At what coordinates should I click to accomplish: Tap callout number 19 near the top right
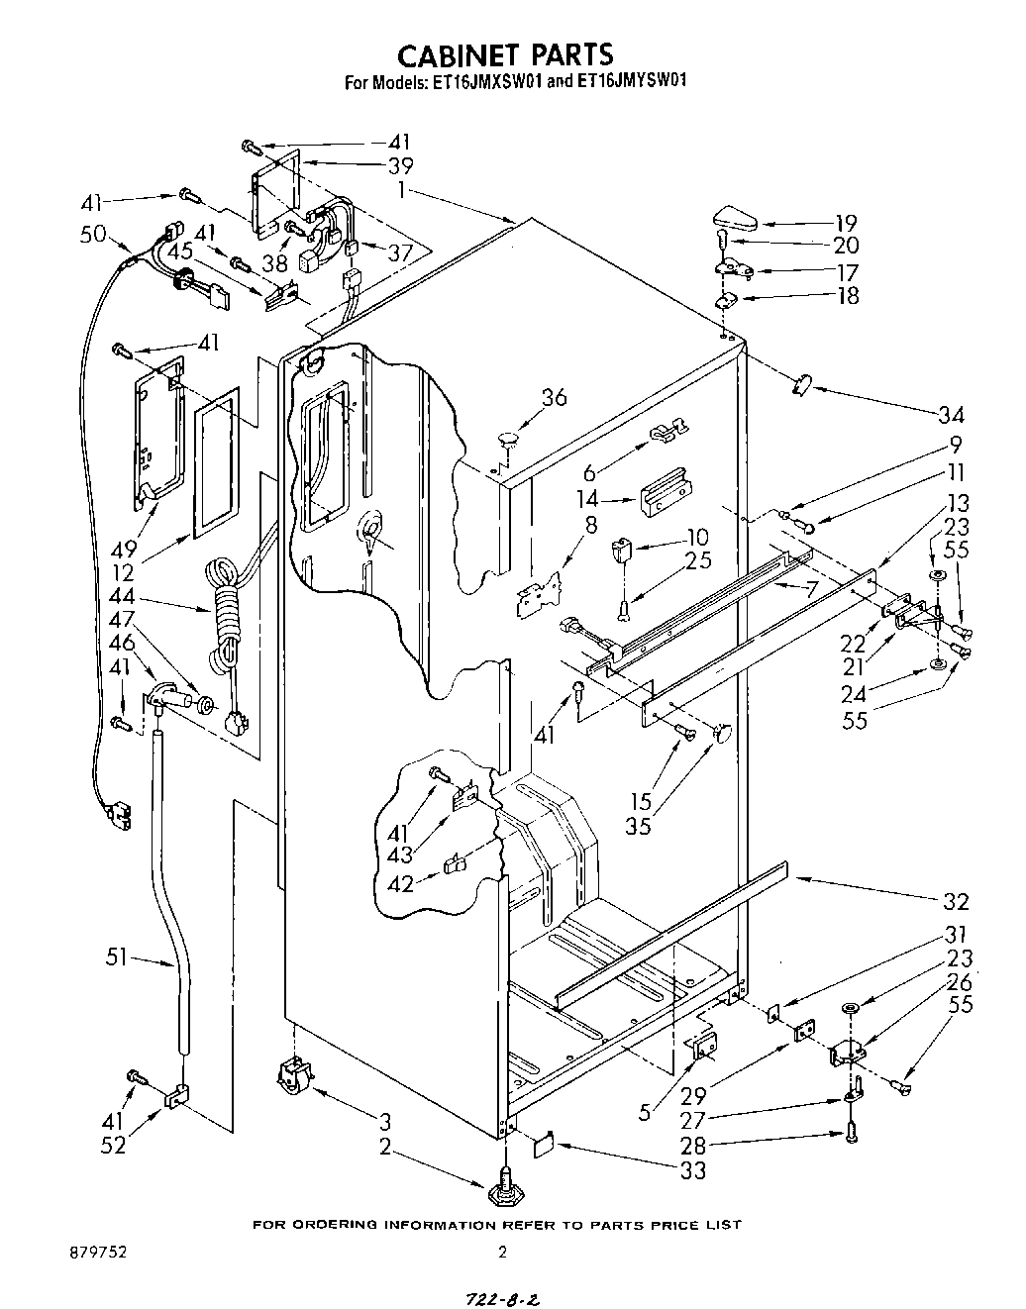(845, 223)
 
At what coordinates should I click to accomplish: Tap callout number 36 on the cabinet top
(554, 397)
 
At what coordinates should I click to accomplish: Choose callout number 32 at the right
(956, 900)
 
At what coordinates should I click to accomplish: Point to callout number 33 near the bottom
(692, 1171)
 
